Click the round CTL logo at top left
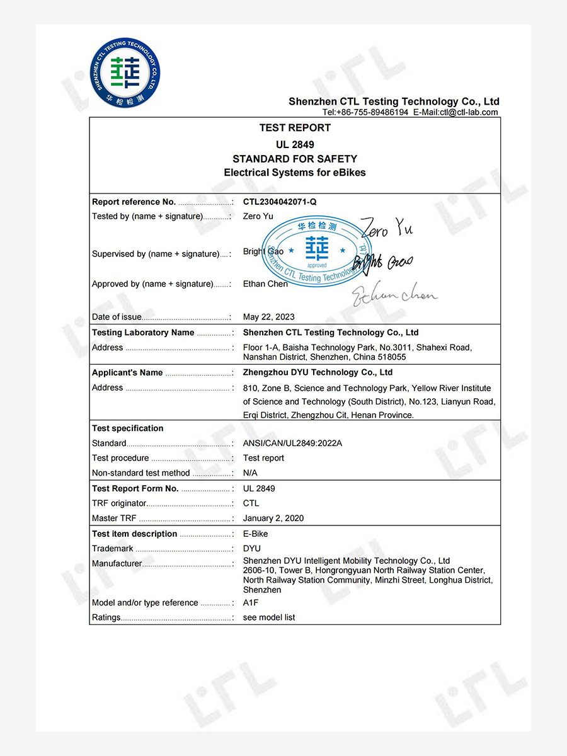pyautogui.click(x=126, y=72)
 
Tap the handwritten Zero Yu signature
pyautogui.click(x=386, y=227)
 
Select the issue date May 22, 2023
pyautogui.click(x=269, y=317)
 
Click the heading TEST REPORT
pyautogui.click(x=295, y=128)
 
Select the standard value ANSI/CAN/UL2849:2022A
pyautogui.click(x=293, y=444)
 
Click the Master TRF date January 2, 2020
pyautogui.click(x=273, y=518)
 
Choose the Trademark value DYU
pyautogui.click(x=252, y=549)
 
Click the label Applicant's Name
pyautogui.click(x=127, y=373)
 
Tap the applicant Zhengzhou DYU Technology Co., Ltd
pyautogui.click(x=318, y=373)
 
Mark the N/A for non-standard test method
pyautogui.click(x=251, y=473)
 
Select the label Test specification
pyautogui.click(x=128, y=428)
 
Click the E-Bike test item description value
pyautogui.click(x=256, y=534)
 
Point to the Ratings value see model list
pyautogui.click(x=269, y=618)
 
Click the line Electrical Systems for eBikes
pyautogui.click(x=295, y=173)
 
